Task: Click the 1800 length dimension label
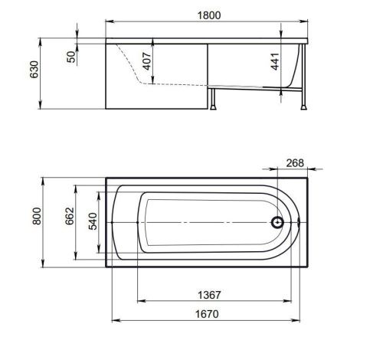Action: pyautogui.click(x=209, y=15)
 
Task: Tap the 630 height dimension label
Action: pyautogui.click(x=34, y=70)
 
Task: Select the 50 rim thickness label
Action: pyautogui.click(x=71, y=57)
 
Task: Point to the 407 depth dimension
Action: pyautogui.click(x=147, y=61)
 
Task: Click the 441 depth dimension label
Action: pyautogui.click(x=275, y=61)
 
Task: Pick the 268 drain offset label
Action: pyautogui.click(x=295, y=163)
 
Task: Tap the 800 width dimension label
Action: pyautogui.click(x=37, y=216)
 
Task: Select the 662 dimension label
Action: pyautogui.click(x=70, y=216)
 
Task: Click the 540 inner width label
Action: pyautogui.click(x=93, y=221)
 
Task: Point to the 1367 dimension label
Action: pyautogui.click(x=209, y=295)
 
